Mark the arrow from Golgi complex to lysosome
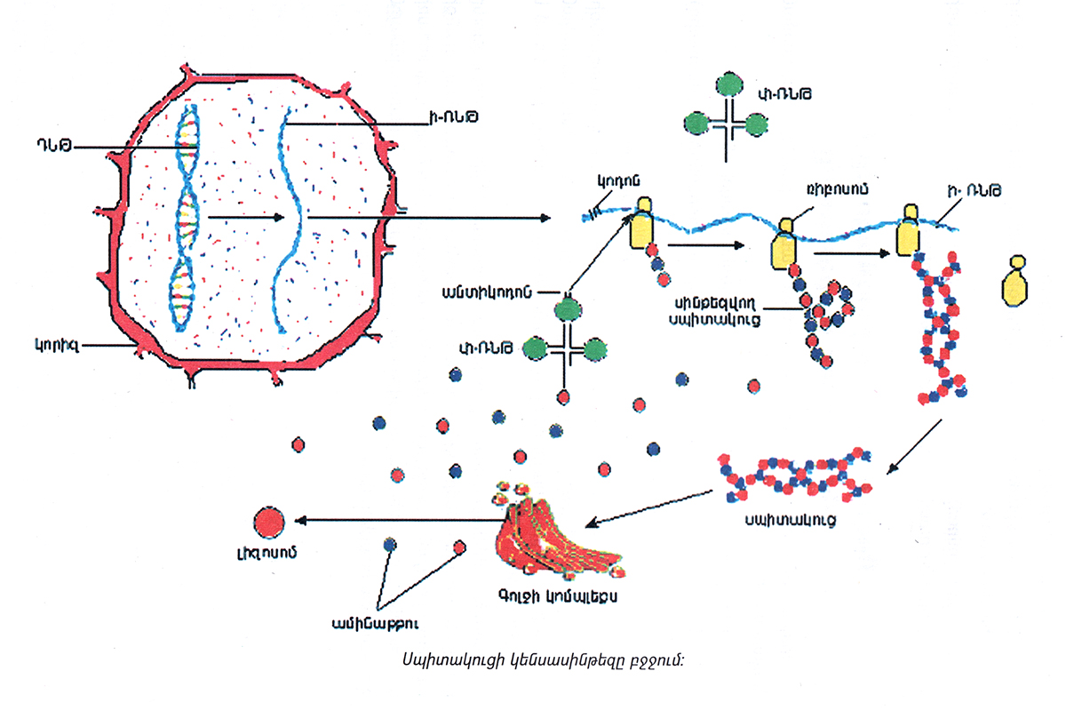[x=400, y=520]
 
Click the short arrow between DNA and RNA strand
[x=244, y=216]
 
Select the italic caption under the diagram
[x=532, y=660]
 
